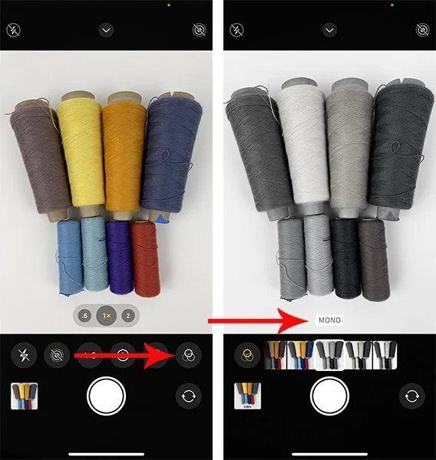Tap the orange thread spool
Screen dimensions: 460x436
124,153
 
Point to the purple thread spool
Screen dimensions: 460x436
119,257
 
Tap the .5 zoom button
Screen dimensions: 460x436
84,316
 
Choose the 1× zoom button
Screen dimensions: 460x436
106,316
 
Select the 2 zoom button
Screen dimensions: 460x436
127,316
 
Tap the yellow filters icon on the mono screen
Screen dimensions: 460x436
247,355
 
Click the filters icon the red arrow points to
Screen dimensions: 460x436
185,355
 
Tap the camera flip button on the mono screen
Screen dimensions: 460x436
411,396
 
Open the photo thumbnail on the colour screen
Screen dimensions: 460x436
25,396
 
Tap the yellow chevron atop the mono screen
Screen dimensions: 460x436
330,30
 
